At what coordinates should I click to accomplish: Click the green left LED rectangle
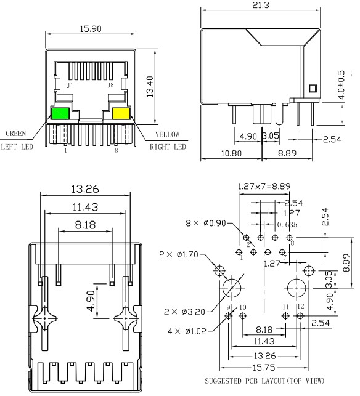pyautogui.click(x=60, y=113)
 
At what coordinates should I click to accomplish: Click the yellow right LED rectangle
pyautogui.click(x=121, y=113)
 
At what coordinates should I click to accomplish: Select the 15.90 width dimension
pyautogui.click(x=91, y=29)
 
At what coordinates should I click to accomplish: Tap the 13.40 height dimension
pyautogui.click(x=150, y=87)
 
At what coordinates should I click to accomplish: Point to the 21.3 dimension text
pyautogui.click(x=261, y=5)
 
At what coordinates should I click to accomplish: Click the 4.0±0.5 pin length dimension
pyautogui.click(x=341, y=85)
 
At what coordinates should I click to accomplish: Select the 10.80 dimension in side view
pyautogui.click(x=231, y=153)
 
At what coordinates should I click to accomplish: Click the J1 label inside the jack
pyautogui.click(x=70, y=85)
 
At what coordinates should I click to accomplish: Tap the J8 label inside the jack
pyautogui.click(x=110, y=84)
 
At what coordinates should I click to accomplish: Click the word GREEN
pyautogui.click(x=15, y=134)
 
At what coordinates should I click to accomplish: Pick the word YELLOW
pyautogui.click(x=167, y=134)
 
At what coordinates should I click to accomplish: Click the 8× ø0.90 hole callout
pyautogui.click(x=206, y=224)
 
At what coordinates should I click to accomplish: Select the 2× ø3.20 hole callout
pyautogui.click(x=184, y=312)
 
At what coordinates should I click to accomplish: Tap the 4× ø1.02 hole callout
pyautogui.click(x=187, y=331)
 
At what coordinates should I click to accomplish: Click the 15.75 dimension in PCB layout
pyautogui.click(x=264, y=368)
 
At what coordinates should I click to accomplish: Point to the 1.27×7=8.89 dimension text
pyautogui.click(x=264, y=187)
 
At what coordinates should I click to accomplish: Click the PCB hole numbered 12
pyautogui.click(x=300, y=316)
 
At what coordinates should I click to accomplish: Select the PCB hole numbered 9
pyautogui.click(x=229, y=316)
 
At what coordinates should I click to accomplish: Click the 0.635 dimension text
pyautogui.click(x=287, y=225)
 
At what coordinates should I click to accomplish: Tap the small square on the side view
pyautogui.click(x=313, y=89)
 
